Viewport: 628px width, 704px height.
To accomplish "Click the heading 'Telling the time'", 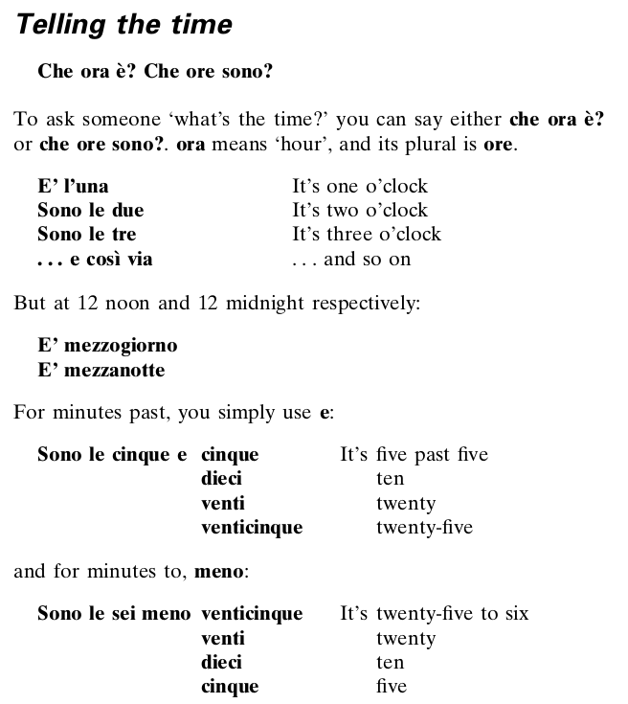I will coord(124,25).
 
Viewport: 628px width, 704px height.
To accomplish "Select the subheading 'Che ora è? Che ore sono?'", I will coord(154,72).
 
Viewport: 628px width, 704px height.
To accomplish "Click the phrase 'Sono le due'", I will coord(90,210).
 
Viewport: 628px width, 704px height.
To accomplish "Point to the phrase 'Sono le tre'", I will coord(86,234).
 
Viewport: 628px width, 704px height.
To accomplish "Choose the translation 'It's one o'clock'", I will coord(359,186).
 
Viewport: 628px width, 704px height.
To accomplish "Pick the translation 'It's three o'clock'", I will coord(367,234).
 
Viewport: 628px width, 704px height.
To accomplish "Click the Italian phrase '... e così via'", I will coord(95,259).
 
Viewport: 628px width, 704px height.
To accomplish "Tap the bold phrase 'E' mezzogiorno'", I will coord(107,346).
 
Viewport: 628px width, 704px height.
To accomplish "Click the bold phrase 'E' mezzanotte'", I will coord(101,370).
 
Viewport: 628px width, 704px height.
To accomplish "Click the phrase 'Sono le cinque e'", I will coord(112,454).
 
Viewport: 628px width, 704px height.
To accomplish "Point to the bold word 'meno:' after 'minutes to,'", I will coord(222,573).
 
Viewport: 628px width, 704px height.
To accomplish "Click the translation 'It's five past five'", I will coord(414,454).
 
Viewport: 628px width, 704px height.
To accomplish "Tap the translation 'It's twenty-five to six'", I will coord(434,613).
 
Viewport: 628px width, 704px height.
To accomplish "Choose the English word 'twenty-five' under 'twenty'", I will coord(424,527).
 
